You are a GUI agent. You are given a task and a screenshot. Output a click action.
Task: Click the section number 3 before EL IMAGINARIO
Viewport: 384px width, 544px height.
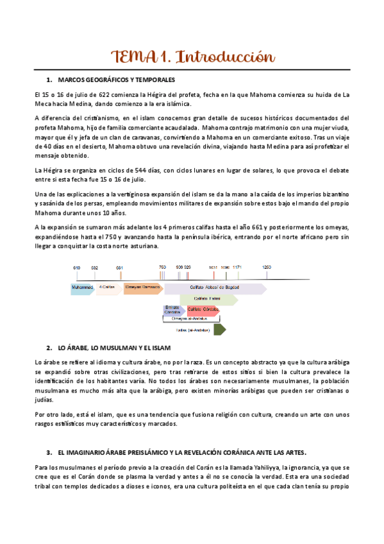pos(49,451)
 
